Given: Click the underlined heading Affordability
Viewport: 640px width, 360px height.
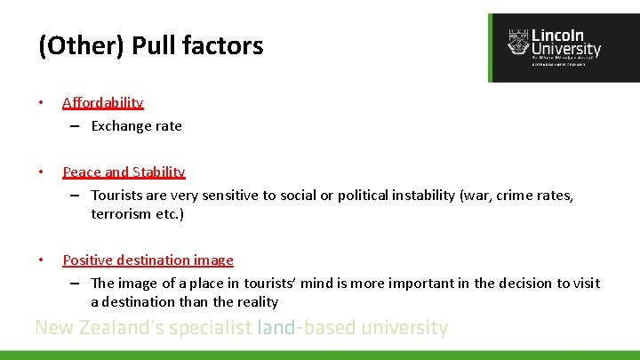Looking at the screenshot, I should click(103, 102).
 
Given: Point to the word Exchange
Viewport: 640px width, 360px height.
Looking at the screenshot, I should click(121, 125).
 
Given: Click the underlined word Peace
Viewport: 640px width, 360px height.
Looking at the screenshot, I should click(82, 172).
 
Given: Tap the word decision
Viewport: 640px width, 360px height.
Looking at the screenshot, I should click(524, 283).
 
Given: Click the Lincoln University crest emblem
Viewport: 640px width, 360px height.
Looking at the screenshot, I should click(516, 41).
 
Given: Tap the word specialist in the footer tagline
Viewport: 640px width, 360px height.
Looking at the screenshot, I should click(209, 327).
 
